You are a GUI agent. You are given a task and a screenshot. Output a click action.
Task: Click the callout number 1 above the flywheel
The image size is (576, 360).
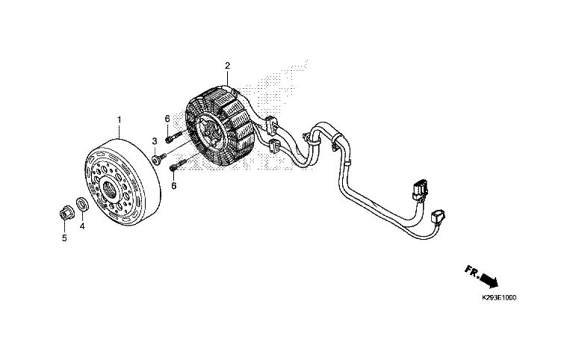point(118,120)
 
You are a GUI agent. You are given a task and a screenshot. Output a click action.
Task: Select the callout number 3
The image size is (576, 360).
point(154,140)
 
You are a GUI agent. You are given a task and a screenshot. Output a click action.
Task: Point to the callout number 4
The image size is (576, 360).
point(82,226)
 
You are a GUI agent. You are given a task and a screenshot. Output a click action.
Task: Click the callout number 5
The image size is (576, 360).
point(64,238)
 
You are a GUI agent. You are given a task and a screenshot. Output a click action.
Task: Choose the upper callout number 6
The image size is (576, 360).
point(167,119)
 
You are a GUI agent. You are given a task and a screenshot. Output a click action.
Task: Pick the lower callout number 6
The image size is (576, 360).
point(174,185)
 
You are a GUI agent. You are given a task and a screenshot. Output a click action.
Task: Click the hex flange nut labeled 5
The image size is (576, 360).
point(64,213)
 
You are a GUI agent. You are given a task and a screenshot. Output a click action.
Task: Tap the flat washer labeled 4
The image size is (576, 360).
point(82,204)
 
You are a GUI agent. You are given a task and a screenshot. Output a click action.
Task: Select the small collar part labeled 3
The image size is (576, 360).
point(156,158)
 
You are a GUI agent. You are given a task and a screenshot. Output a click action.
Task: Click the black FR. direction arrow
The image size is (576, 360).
point(489,280)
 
